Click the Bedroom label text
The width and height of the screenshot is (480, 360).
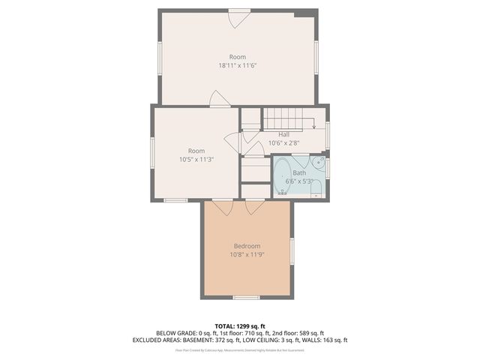247,246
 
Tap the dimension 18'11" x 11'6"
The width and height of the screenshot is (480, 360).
238,66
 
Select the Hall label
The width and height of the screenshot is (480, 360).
284,134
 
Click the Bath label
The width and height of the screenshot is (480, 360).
299,172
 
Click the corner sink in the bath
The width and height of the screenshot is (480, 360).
319,160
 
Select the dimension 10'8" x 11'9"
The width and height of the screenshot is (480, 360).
247,255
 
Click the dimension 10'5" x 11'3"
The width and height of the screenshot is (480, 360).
196,160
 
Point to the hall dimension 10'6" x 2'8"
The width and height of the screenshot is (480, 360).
284,142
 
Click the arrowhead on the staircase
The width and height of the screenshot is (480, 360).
314,127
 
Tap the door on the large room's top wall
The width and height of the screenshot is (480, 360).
238,17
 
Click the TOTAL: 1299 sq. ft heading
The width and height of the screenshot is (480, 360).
240,325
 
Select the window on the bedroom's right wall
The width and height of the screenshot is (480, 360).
292,251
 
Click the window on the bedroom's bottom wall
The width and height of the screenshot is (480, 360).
246,298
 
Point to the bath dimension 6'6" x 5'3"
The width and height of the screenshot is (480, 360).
299,181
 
